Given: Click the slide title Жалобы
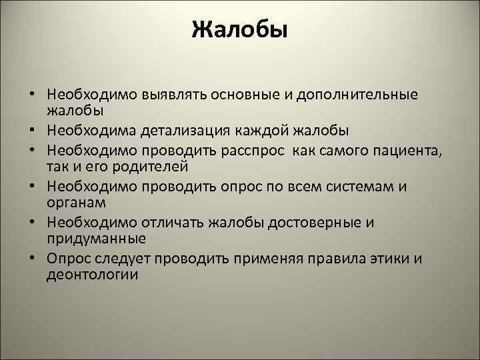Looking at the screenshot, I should (239, 30).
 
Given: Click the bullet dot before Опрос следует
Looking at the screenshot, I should (32, 259).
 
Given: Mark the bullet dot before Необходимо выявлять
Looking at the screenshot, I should (32, 95).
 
